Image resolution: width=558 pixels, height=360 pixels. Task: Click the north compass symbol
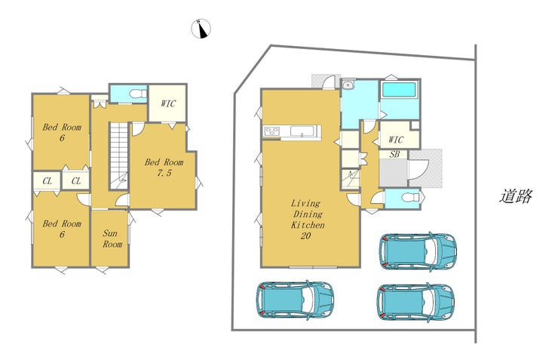tap(201, 29)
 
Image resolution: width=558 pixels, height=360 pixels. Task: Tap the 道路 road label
tap(516, 195)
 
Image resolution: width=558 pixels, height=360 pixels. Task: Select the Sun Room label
tap(112, 238)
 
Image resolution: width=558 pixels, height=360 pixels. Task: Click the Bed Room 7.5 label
tap(164, 168)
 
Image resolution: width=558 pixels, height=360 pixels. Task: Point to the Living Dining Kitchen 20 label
tap(308, 219)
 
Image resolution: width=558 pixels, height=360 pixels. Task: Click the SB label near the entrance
tap(394, 154)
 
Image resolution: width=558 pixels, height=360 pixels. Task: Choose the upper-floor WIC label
tap(168, 103)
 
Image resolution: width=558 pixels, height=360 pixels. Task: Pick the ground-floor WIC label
tap(396, 139)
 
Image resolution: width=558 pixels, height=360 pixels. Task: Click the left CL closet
tap(47, 181)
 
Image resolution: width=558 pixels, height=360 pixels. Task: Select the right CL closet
tap(76, 181)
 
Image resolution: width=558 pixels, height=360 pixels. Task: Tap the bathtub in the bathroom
tap(399, 90)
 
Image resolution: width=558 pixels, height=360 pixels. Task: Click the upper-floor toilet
tap(138, 94)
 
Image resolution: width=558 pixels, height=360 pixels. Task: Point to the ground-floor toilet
tap(411, 197)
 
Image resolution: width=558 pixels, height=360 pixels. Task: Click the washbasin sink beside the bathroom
tap(348, 85)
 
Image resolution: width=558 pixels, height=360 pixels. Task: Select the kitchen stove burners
tap(272, 131)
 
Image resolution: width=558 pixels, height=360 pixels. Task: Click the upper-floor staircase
tap(118, 156)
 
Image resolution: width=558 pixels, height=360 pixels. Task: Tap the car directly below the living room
tap(295, 299)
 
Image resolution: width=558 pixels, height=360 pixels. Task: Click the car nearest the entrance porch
tap(418, 252)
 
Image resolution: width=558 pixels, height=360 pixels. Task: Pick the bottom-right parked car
tap(415, 302)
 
